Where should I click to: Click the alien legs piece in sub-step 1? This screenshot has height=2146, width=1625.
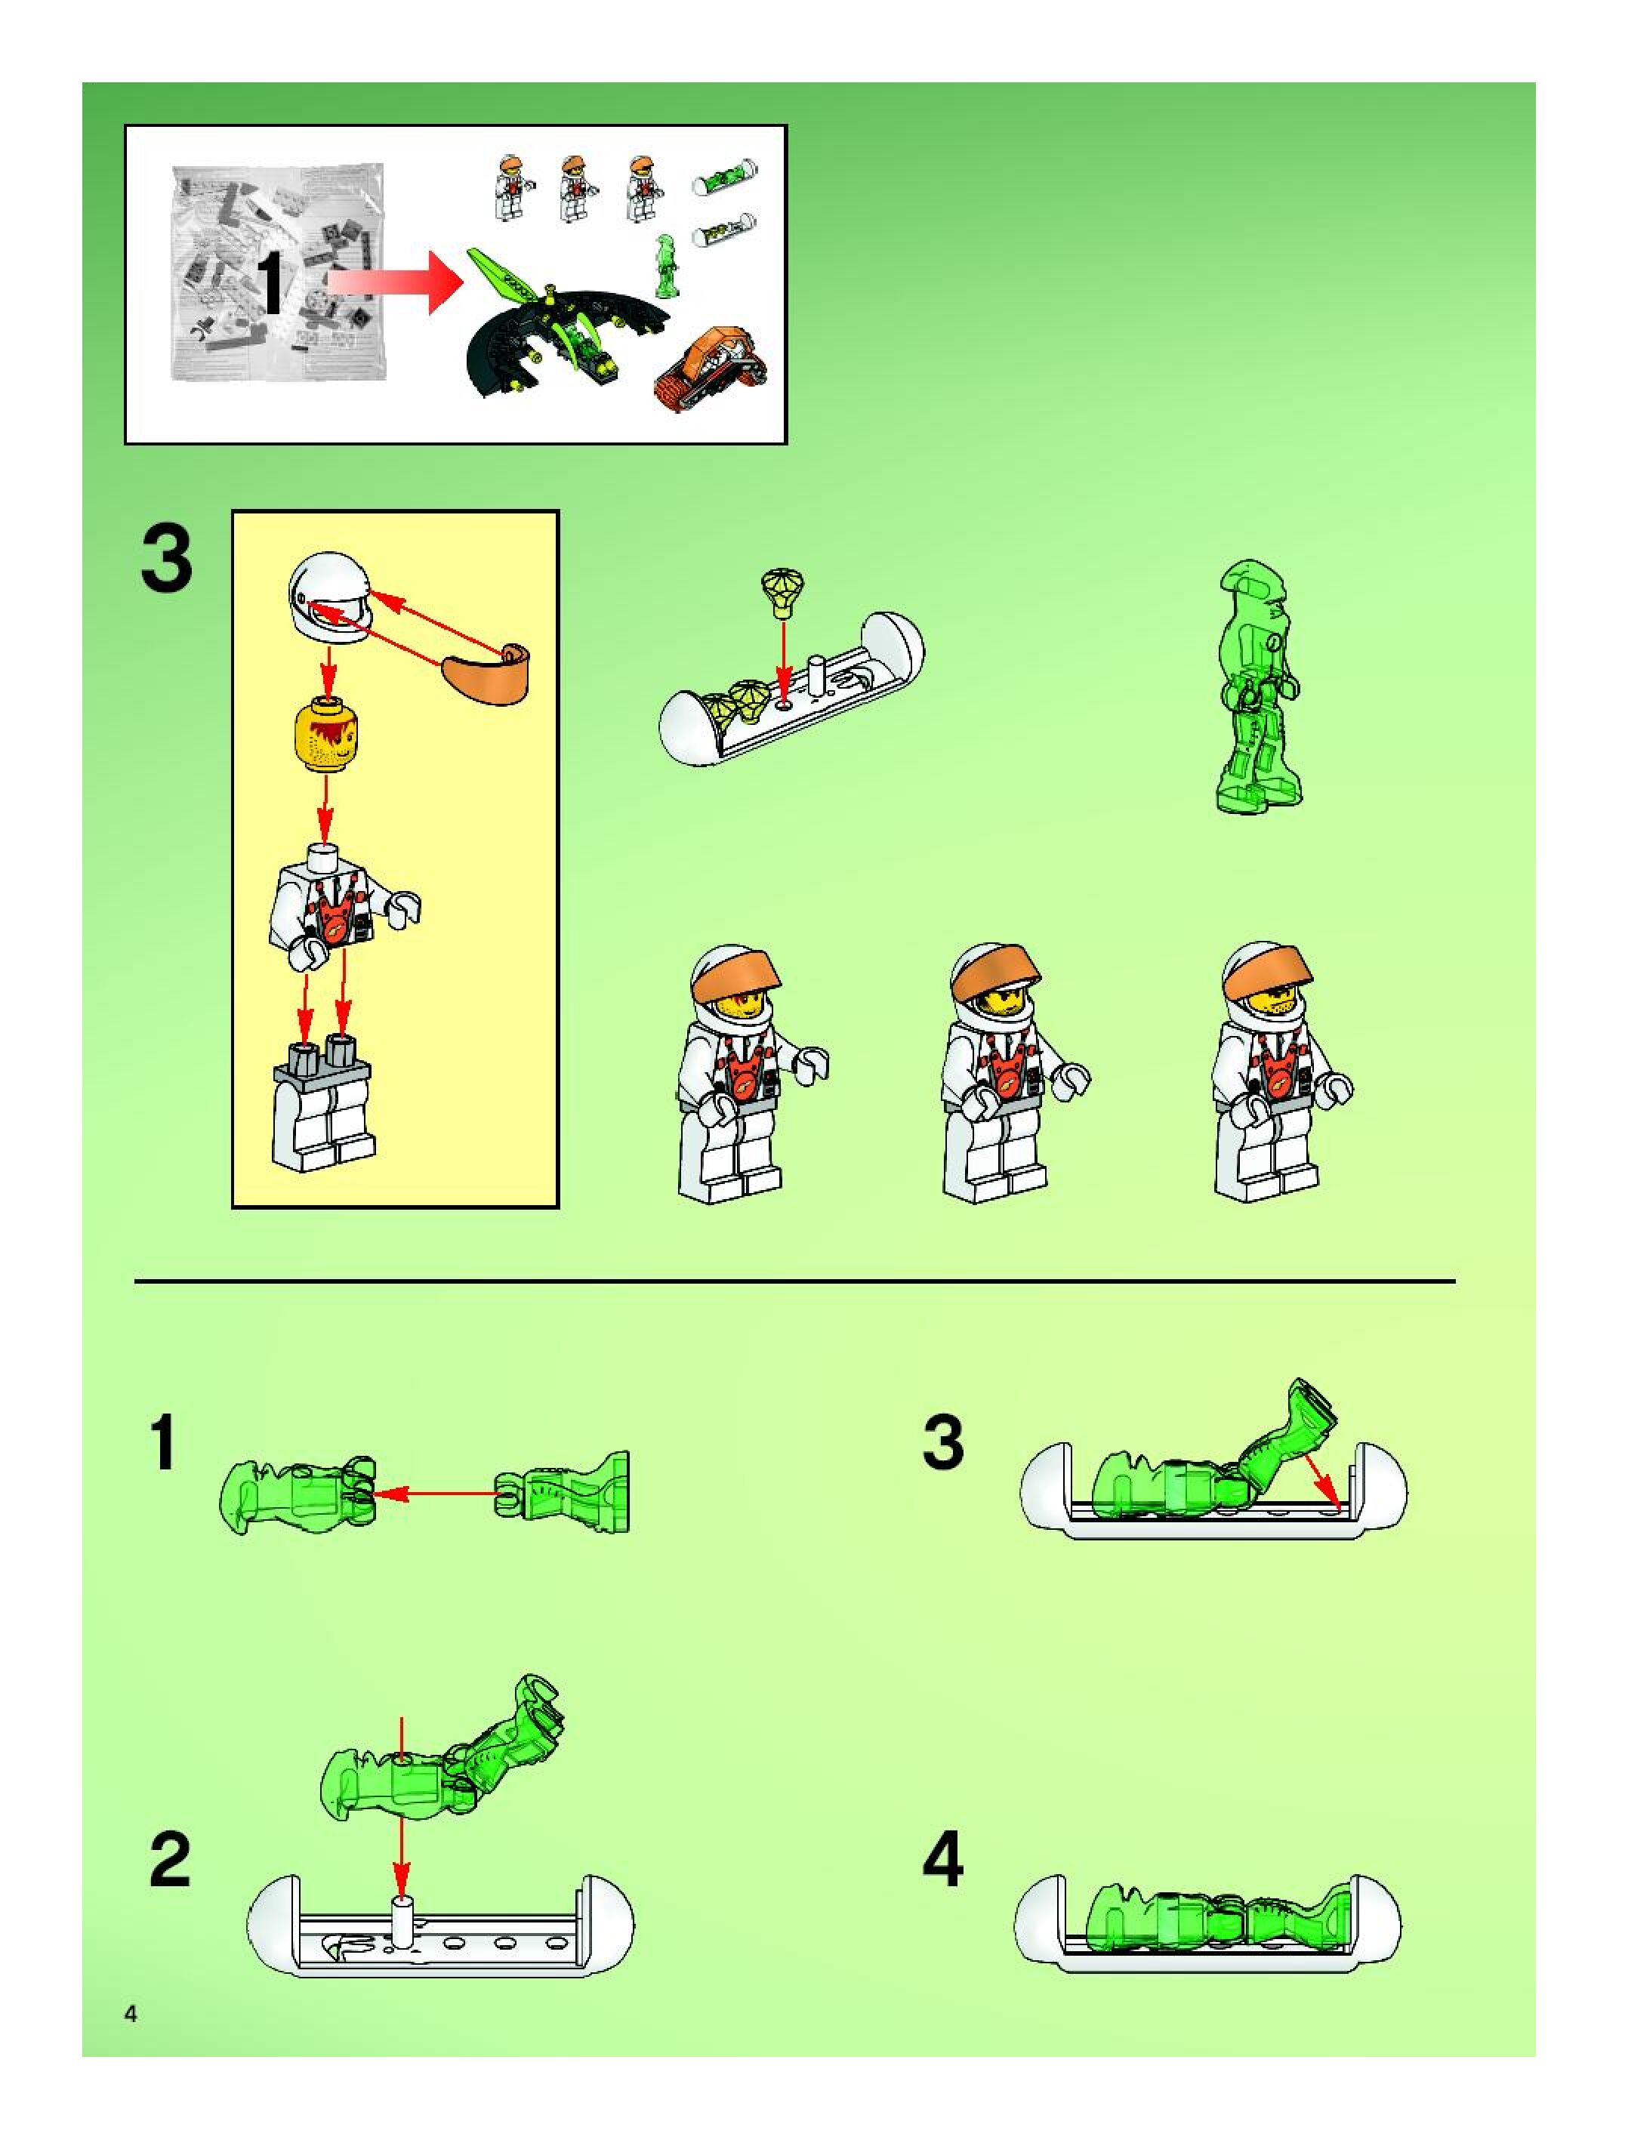[562, 1492]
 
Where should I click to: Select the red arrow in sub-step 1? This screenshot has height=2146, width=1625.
[436, 1494]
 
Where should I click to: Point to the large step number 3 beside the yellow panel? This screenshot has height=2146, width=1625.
[167, 559]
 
